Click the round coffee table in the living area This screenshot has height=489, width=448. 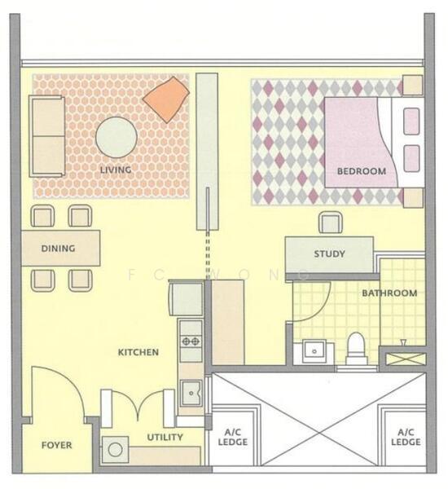click(x=116, y=137)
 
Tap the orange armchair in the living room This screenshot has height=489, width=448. click(x=166, y=99)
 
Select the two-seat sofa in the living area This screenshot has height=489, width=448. click(x=46, y=136)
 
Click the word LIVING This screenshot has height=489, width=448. click(x=116, y=170)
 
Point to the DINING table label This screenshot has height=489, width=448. click(x=59, y=249)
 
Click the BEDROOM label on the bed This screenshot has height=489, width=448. click(x=362, y=171)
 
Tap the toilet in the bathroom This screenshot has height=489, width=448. click(x=356, y=348)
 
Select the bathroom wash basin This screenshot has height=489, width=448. click(x=314, y=351)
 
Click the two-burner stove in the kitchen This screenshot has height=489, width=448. click(x=191, y=341)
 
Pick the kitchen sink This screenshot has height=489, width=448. click(x=191, y=393)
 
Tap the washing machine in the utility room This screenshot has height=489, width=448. click(x=116, y=449)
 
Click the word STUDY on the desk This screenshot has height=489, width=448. click(x=329, y=253)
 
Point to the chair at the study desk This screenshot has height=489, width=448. click(x=331, y=222)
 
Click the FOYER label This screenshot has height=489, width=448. click(x=56, y=445)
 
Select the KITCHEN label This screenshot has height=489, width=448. click(x=138, y=352)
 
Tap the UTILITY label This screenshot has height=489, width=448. click(x=165, y=437)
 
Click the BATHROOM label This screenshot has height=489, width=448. click(x=389, y=293)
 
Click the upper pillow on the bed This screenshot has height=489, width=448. click(x=411, y=121)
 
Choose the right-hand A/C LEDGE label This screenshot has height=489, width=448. click(x=406, y=437)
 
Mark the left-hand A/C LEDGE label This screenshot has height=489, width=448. click(x=233, y=437)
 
